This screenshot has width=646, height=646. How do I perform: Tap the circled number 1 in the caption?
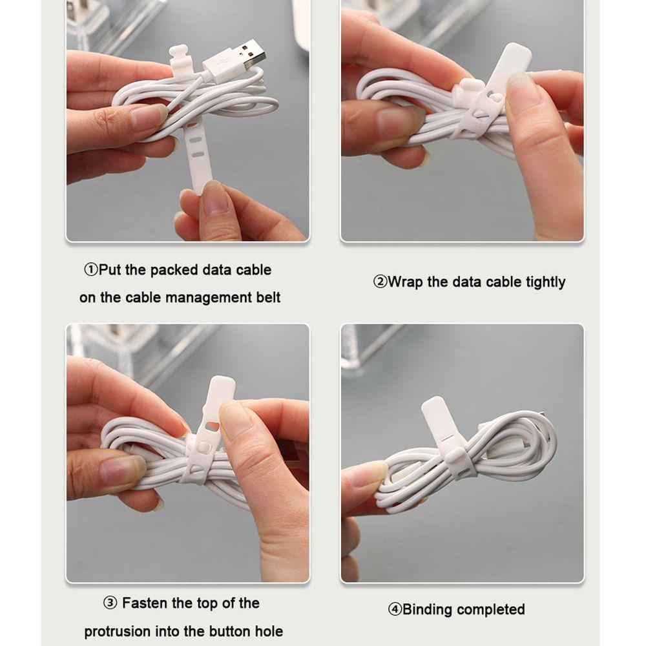91,270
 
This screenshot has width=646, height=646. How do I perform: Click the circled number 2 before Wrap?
380,282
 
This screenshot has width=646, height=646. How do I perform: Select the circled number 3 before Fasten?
110,603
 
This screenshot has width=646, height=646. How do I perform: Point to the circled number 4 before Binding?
395,609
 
